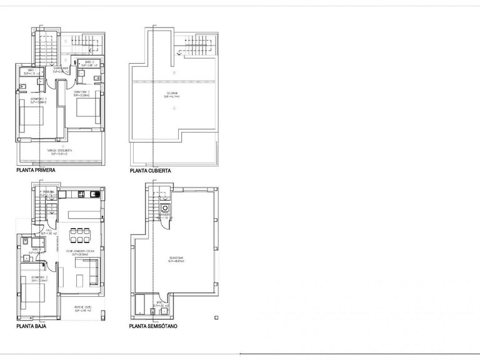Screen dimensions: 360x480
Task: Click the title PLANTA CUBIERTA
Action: pyautogui.click(x=150, y=170)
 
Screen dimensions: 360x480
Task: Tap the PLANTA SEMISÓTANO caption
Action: pyautogui.click(x=153, y=326)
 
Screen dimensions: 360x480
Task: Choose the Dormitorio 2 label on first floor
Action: pyautogui.click(x=82, y=93)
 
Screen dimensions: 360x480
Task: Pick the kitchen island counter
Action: pyautogui.click(x=81, y=214)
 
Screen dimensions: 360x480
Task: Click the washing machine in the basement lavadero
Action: pyautogui.click(x=166, y=209)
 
